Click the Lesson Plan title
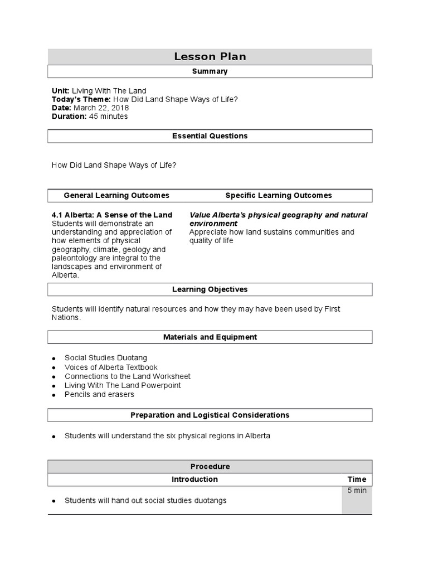(x=210, y=56)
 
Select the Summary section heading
(x=210, y=71)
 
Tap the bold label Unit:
(x=61, y=91)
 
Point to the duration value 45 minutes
(x=108, y=117)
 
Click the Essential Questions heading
(x=210, y=136)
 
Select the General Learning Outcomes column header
(x=116, y=196)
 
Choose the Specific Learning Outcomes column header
(x=278, y=196)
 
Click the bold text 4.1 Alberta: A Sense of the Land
(x=112, y=215)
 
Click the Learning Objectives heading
(x=210, y=289)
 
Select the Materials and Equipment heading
(x=210, y=337)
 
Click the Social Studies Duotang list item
(x=106, y=358)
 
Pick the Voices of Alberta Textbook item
(x=111, y=367)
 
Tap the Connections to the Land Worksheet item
(x=127, y=376)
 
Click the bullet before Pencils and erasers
(x=53, y=395)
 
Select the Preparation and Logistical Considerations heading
(x=210, y=415)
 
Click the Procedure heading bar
(x=210, y=467)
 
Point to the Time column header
(x=357, y=480)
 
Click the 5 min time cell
(x=357, y=491)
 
